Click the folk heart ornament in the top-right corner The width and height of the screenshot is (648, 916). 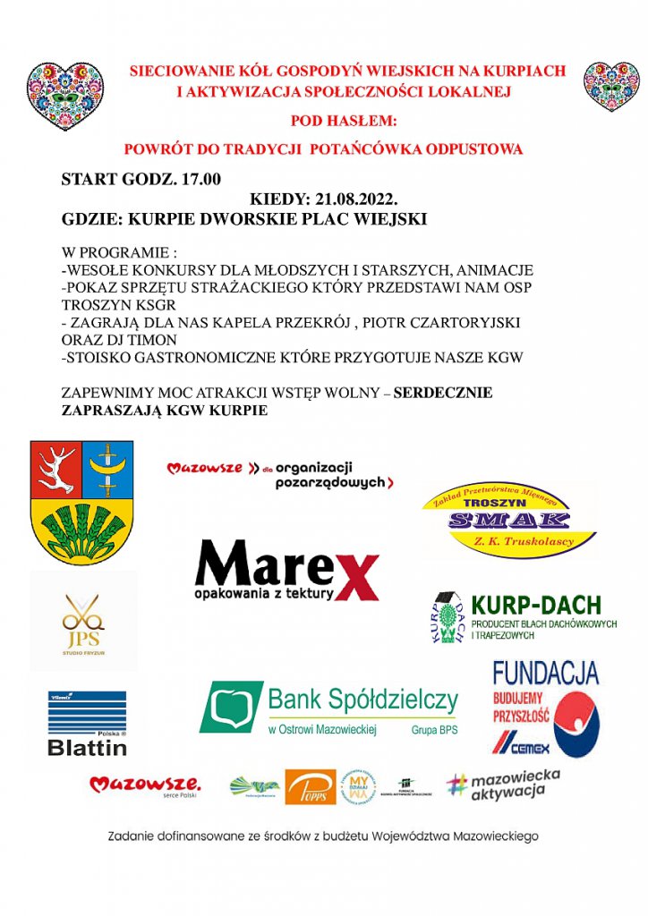tap(611, 86)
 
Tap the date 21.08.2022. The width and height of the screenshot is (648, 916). tap(354, 199)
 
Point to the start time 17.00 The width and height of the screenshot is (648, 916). tap(200, 179)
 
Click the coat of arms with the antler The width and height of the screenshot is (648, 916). tap(81, 501)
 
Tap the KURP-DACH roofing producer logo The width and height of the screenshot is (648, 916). tap(524, 617)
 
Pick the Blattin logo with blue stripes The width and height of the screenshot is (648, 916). tap(87, 723)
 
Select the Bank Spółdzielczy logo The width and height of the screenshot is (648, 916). tap(328, 707)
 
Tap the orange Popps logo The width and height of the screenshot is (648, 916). tap(311, 786)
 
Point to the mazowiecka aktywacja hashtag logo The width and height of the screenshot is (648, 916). tap(504, 785)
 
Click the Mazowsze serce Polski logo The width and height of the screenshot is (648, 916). tap(144, 786)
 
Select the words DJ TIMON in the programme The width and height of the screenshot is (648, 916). tap(146, 340)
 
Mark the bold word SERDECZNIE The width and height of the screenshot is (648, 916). tap(443, 393)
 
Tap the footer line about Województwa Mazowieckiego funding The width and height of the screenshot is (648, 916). tap(323, 836)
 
